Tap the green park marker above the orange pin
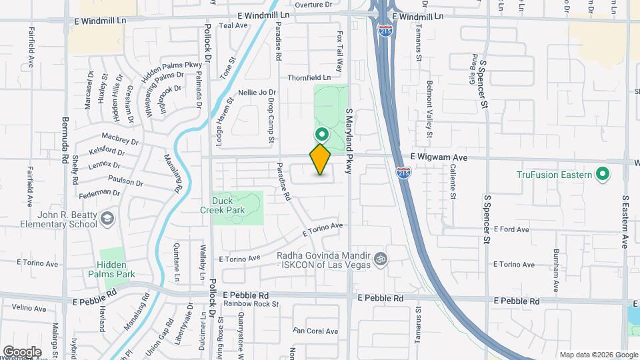click(321, 133)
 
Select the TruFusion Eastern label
click(555, 175)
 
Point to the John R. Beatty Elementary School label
click(58, 219)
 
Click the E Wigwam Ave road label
click(440, 157)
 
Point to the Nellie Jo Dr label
click(257, 92)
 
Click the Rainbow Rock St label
click(251, 304)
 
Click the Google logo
click(22, 351)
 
